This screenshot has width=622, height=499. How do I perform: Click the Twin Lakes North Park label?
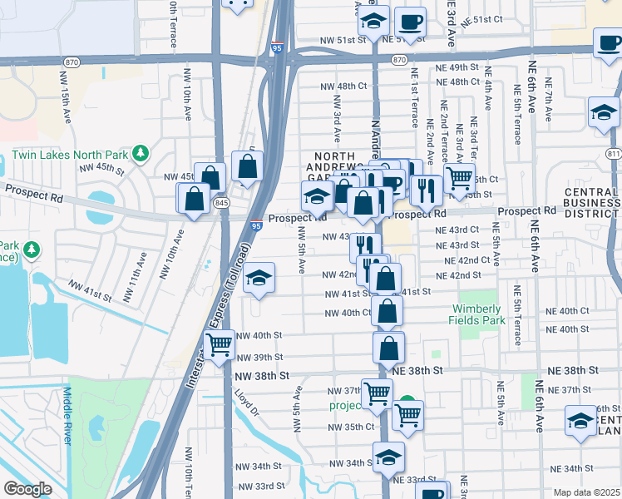pos(71,154)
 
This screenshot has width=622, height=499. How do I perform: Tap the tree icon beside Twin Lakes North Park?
pos(141,153)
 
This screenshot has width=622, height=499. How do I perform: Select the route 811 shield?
pos(614,154)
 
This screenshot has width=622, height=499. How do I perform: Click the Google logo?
pos(27,489)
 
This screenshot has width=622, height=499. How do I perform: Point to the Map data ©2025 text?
pos(585,492)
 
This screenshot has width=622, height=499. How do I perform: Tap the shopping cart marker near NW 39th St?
pos(219,343)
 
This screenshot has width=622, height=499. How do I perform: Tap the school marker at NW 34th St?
pos(388,457)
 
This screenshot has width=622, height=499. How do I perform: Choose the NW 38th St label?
pos(263,375)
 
